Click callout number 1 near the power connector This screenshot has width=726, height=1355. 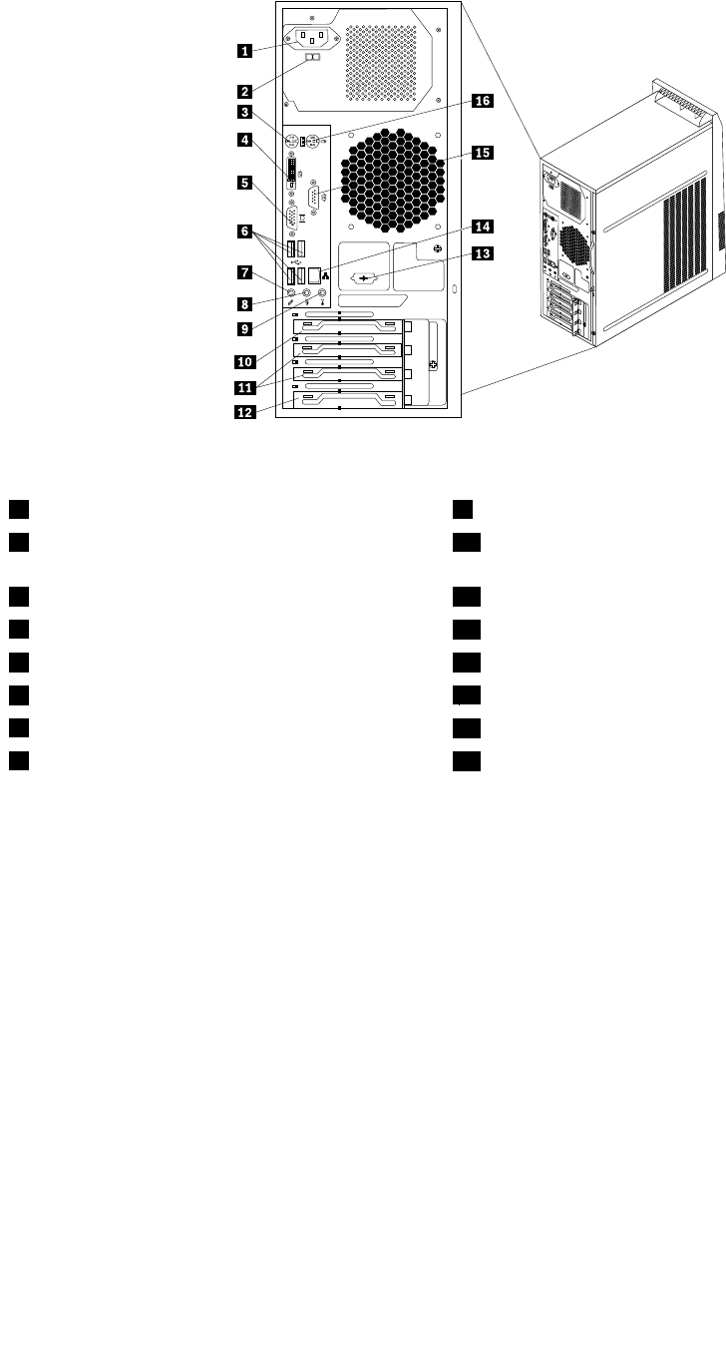click(243, 49)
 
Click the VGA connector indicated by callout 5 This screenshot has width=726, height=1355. click(293, 219)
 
